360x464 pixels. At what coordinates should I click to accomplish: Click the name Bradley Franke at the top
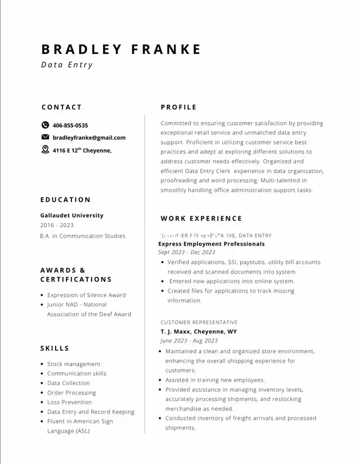pyautogui.click(x=121, y=49)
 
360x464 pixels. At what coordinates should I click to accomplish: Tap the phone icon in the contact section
pyautogui.click(x=46, y=125)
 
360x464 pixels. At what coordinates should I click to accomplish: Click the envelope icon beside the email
pyautogui.click(x=46, y=137)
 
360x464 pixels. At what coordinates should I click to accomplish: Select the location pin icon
pyautogui.click(x=46, y=150)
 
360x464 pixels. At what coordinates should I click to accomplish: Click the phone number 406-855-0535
pyautogui.click(x=70, y=126)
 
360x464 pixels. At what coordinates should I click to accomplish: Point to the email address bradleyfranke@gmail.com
pyautogui.click(x=89, y=137)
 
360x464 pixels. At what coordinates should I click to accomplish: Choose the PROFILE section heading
pyautogui.click(x=178, y=107)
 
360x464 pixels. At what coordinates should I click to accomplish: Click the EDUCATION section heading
pyautogui.click(x=65, y=199)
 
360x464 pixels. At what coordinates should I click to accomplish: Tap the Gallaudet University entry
pyautogui.click(x=72, y=215)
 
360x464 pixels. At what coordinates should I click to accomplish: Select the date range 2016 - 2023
pyautogui.click(x=57, y=225)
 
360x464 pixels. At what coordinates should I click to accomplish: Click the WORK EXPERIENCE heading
pyautogui.click(x=201, y=218)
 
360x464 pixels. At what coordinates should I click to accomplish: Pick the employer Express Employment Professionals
pyautogui.click(x=211, y=244)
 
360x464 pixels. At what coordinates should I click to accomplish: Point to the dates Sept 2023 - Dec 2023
pyautogui.click(x=187, y=252)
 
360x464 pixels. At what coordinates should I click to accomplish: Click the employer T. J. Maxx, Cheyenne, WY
pyautogui.click(x=199, y=332)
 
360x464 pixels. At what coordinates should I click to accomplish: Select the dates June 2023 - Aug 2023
pyautogui.click(x=189, y=341)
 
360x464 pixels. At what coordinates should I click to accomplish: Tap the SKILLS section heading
pyautogui.click(x=55, y=349)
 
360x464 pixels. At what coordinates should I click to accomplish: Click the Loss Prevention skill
pyautogui.click(x=69, y=402)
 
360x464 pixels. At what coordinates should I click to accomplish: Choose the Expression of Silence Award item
pyautogui.click(x=87, y=295)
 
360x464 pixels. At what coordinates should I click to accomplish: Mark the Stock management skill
pyautogui.click(x=74, y=364)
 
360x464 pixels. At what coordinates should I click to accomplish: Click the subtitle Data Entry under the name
pyautogui.click(x=67, y=65)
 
